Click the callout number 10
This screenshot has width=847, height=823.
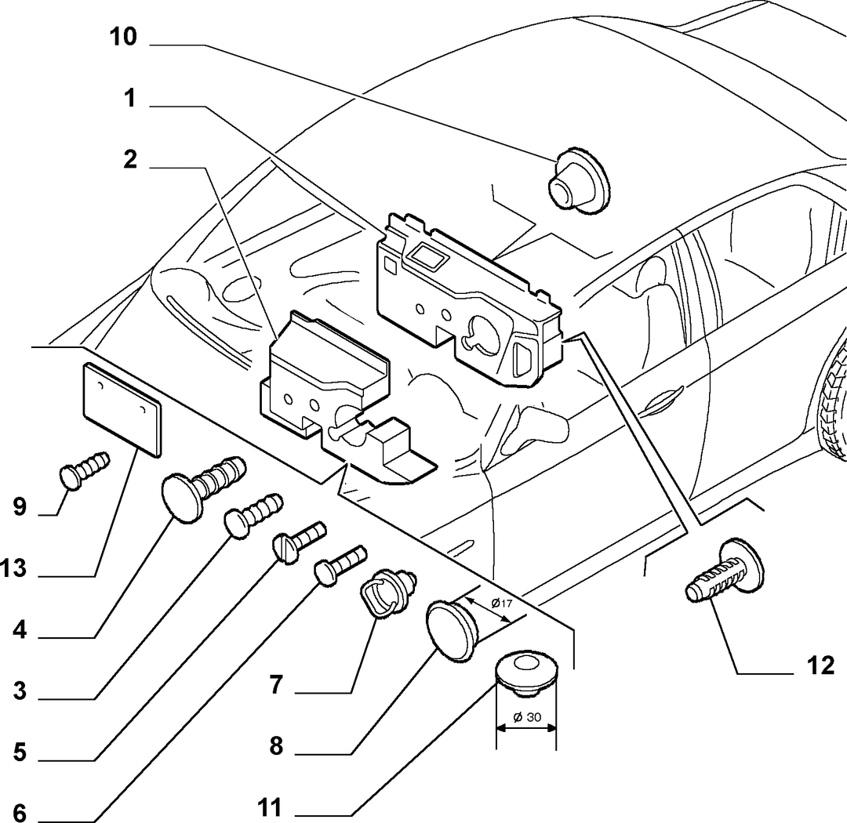(123, 38)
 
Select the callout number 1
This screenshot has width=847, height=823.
(129, 99)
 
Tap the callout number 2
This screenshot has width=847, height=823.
(130, 160)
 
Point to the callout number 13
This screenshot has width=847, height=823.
(13, 568)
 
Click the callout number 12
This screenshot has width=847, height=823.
(820, 665)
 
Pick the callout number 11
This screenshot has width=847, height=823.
(269, 808)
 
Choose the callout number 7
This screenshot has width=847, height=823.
(276, 685)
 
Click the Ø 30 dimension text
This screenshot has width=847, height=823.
(527, 717)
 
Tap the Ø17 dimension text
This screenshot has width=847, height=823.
(501, 603)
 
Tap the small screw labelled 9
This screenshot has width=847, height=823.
(84, 470)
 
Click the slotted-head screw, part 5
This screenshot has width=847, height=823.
(299, 542)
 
